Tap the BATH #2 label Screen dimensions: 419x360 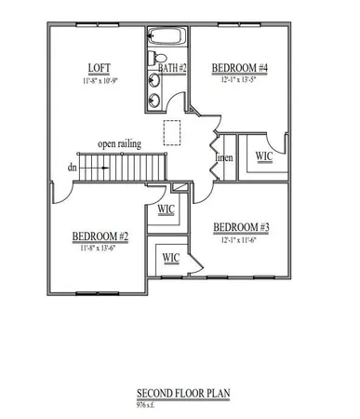[x=173, y=68]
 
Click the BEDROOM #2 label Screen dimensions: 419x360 [x=100, y=237]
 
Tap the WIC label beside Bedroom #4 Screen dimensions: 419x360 [x=264, y=155]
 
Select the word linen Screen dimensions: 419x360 [x=224, y=157]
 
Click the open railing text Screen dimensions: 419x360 [x=119, y=144]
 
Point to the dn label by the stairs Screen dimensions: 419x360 [x=73, y=169]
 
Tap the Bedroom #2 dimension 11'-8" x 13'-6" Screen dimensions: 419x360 [x=100, y=249]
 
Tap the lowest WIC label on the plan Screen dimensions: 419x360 [x=171, y=257]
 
